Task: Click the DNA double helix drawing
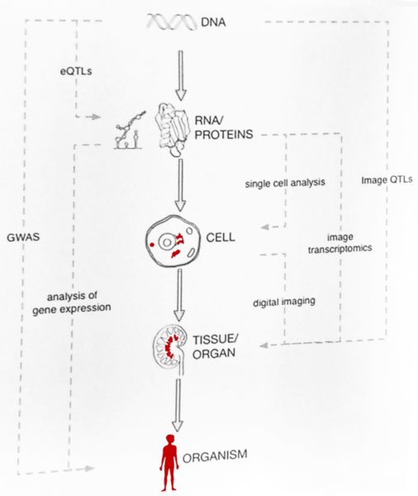pyautogui.click(x=172, y=22)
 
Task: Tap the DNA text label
pyautogui.click(x=214, y=22)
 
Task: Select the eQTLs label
pyautogui.click(x=76, y=71)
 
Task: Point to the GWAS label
pyautogui.click(x=23, y=237)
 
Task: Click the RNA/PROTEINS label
pyautogui.click(x=224, y=127)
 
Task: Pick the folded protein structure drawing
pyautogui.click(x=171, y=129)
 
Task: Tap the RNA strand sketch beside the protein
pyautogui.click(x=130, y=131)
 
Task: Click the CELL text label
pyautogui.click(x=221, y=237)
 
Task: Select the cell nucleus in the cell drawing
pyautogui.click(x=167, y=242)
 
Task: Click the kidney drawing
pyautogui.click(x=170, y=347)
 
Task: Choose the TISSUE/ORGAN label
pyautogui.click(x=216, y=346)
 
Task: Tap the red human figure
pyautogui.click(x=169, y=462)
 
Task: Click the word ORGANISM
pyautogui.click(x=215, y=455)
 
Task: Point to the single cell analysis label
pyautogui.click(x=285, y=183)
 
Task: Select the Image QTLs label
pyautogui.click(x=387, y=179)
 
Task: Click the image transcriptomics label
pyautogui.click(x=340, y=243)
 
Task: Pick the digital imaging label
pyautogui.click(x=284, y=302)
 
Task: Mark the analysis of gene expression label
pyautogui.click(x=72, y=303)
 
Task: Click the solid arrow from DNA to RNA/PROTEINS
pyautogui.click(x=181, y=75)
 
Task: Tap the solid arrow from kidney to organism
pyautogui.click(x=178, y=405)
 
